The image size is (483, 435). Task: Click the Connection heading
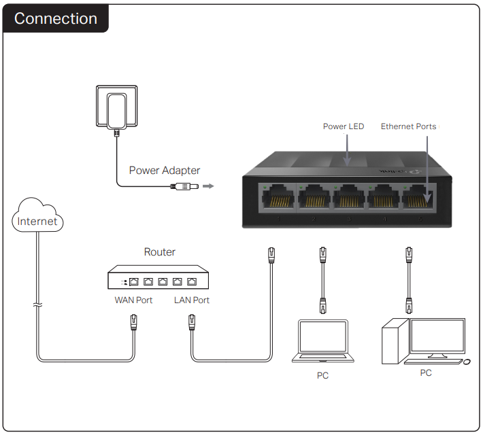(x=56, y=18)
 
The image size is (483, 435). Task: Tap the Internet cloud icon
(x=38, y=216)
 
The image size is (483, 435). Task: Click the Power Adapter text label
(x=165, y=171)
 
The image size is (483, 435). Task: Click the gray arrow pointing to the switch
(x=208, y=186)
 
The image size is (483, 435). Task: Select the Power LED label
(x=343, y=126)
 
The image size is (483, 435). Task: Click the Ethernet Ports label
(x=408, y=126)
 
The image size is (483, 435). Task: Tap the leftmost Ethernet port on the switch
(x=277, y=198)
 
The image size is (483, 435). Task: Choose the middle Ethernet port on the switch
(x=348, y=198)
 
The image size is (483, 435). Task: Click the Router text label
(x=159, y=252)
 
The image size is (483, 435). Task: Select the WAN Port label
(x=133, y=300)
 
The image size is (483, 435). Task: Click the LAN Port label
(x=191, y=300)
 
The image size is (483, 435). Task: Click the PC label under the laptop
(x=322, y=376)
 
